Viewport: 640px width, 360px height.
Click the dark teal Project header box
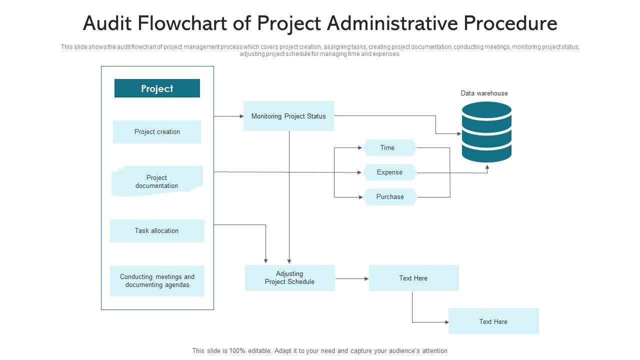[157, 88]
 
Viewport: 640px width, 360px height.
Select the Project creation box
[157, 132]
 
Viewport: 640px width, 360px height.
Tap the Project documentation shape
[157, 181]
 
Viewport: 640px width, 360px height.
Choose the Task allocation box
[157, 231]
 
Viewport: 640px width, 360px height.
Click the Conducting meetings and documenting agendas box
[157, 281]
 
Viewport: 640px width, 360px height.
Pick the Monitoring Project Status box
[288, 116]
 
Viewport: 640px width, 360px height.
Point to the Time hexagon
[389, 148]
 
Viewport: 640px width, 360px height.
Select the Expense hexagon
[389, 172]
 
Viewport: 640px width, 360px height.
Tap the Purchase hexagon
[390, 197]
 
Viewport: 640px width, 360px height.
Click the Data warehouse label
[484, 93]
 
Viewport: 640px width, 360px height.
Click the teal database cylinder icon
[486, 132]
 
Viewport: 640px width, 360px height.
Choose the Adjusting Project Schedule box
[289, 278]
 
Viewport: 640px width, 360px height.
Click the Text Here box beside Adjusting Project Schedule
[413, 278]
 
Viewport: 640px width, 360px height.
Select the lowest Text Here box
[493, 321]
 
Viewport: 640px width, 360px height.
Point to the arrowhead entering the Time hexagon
[360, 148]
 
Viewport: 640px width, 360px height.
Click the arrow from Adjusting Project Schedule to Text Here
[351, 278]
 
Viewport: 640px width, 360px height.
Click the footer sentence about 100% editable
[319, 351]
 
